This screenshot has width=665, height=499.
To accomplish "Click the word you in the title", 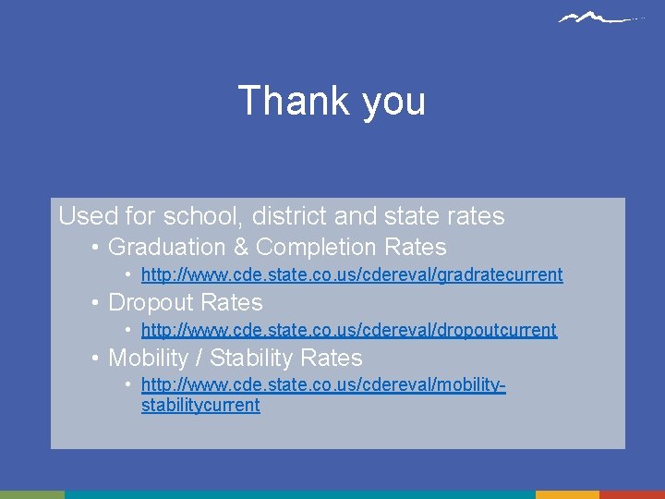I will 393,102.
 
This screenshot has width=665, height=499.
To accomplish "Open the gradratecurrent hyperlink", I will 352,274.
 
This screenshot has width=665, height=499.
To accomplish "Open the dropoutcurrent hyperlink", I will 349,330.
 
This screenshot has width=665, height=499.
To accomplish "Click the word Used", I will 86,216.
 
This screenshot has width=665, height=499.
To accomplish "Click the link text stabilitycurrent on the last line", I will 200,405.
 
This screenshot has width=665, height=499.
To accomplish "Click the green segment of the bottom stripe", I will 32,494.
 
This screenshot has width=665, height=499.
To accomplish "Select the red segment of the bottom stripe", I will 632,494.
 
